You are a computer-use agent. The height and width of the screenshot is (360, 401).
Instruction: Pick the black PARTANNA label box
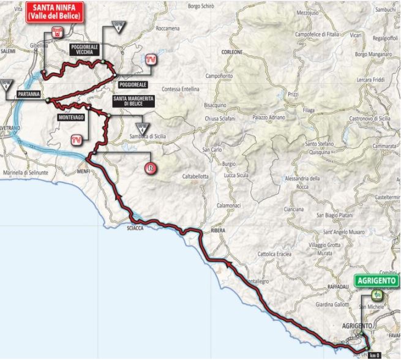(29, 95)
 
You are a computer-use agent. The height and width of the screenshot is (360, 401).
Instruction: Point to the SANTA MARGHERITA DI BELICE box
(133, 101)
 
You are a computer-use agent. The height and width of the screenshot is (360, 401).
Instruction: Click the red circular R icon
(148, 167)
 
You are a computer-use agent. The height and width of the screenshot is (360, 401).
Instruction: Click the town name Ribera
(219, 231)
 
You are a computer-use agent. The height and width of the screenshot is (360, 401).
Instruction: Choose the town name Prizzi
(293, 95)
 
